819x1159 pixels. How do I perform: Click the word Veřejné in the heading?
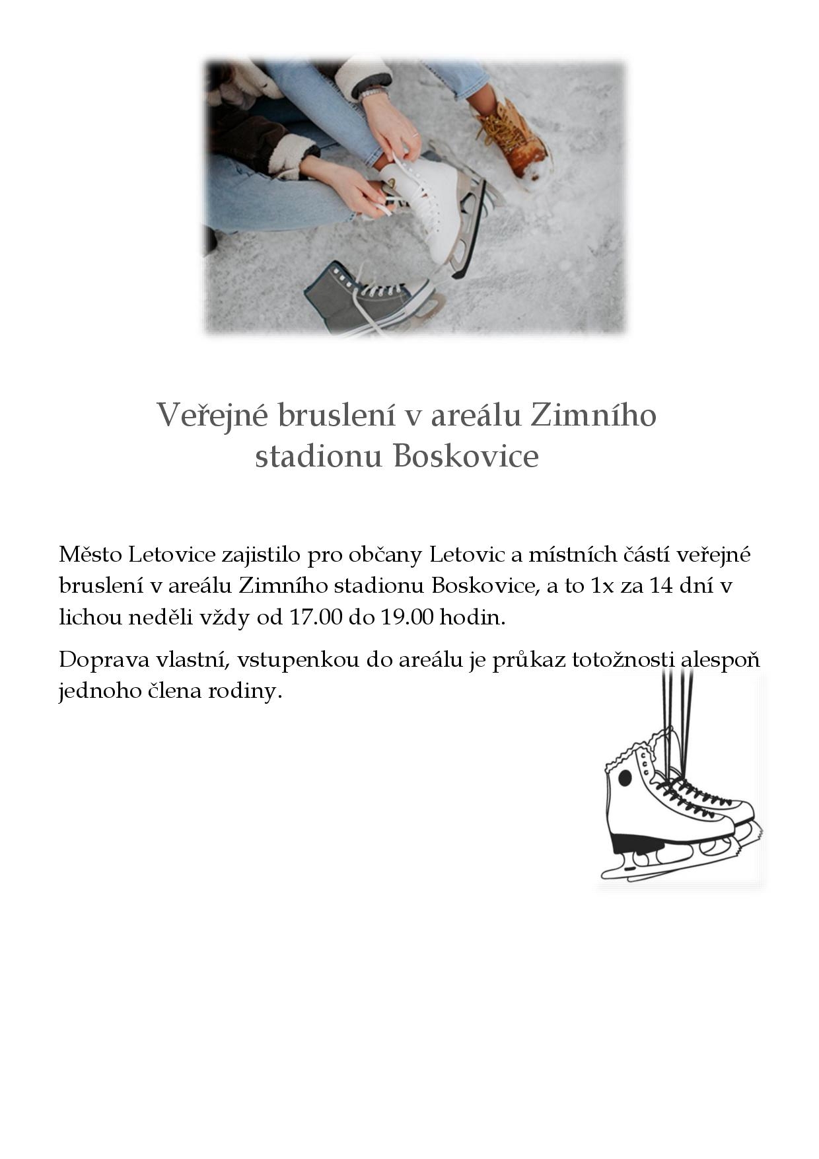click(211, 416)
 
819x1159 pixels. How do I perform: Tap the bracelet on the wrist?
click(372, 94)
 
